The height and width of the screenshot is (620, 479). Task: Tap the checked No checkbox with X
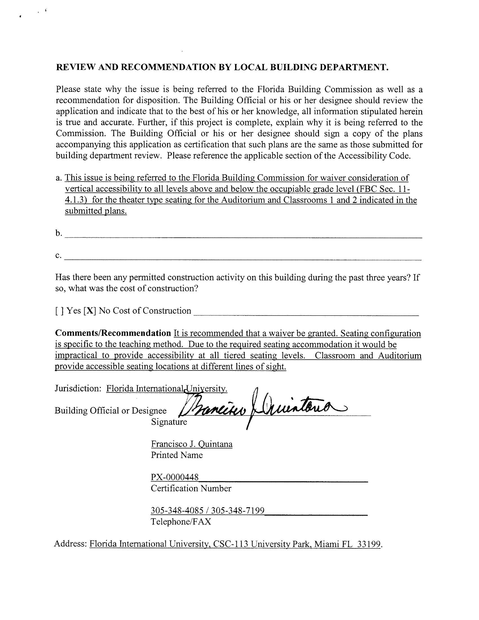pos(90,311)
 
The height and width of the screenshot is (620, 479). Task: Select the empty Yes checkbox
pos(57,311)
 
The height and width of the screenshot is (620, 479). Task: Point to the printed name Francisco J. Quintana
pos(192,444)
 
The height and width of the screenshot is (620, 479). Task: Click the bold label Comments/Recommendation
pos(113,333)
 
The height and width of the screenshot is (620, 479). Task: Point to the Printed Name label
pos(177,455)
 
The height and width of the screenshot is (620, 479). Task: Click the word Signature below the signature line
pos(169,422)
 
